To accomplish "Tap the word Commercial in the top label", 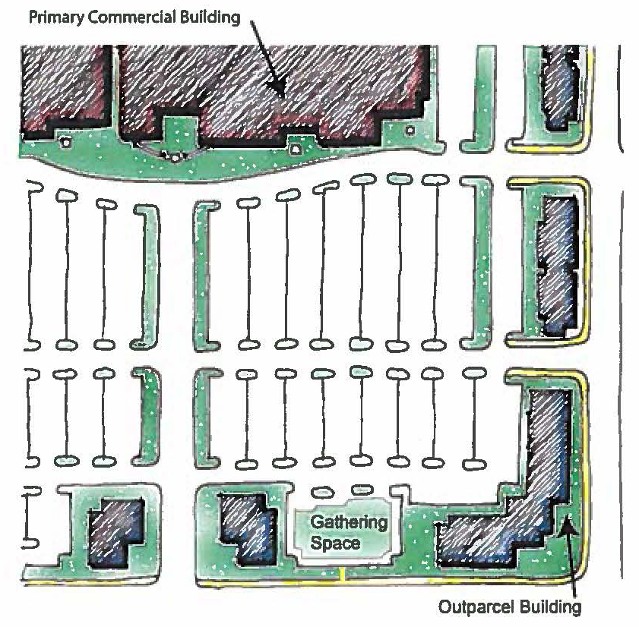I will click(124, 17).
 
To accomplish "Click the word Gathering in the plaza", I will click(349, 523).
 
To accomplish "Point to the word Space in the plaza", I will click(335, 543).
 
